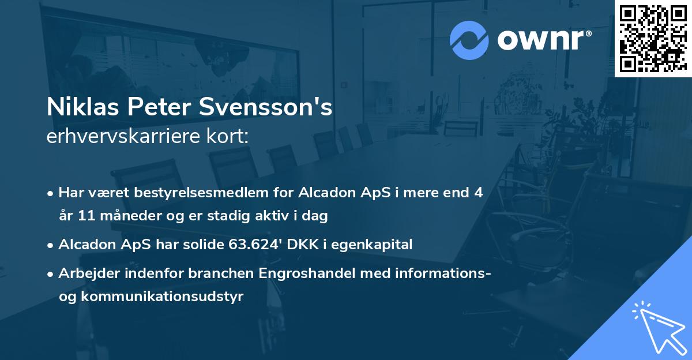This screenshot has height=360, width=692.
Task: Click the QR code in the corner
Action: tap(653, 38)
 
